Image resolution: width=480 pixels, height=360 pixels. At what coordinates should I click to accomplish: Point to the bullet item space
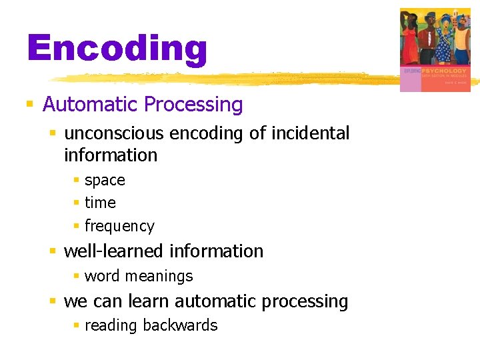pyautogui.click(x=105, y=180)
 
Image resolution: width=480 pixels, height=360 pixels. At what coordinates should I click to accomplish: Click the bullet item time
pyautogui.click(x=100, y=203)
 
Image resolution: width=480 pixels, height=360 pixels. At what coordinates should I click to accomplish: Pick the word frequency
pyautogui.click(x=119, y=227)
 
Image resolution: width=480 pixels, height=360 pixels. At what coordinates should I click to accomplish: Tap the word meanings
pyautogui.click(x=158, y=276)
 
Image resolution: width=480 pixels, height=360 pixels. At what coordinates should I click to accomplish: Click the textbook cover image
pyautogui.click(x=435, y=49)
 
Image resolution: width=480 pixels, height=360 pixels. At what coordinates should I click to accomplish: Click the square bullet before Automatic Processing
pyautogui.click(x=29, y=104)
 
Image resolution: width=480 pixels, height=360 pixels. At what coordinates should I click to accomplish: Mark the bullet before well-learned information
pyautogui.click(x=52, y=251)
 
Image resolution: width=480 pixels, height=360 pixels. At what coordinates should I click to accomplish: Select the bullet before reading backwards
pyautogui.click(x=77, y=325)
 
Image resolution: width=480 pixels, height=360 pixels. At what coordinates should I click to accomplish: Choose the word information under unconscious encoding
pyautogui.click(x=111, y=155)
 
